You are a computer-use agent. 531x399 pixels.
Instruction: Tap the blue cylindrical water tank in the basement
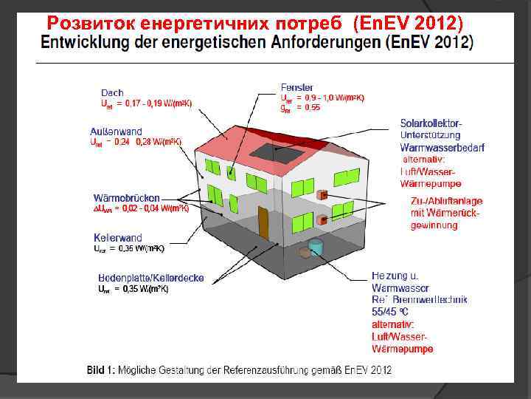(x=316, y=246)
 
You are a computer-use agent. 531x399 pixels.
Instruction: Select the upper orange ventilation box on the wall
(x=322, y=195)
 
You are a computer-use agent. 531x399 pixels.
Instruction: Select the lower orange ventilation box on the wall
(x=322, y=220)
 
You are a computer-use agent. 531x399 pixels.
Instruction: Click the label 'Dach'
(x=112, y=92)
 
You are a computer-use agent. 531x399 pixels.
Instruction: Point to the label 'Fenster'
(x=296, y=88)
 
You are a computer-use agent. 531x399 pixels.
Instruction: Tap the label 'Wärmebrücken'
(x=126, y=198)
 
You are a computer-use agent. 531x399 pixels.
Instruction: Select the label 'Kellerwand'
(x=118, y=238)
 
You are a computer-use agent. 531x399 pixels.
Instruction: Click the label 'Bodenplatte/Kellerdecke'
(x=151, y=279)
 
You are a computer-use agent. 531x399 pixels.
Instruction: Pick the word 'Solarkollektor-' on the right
(x=431, y=123)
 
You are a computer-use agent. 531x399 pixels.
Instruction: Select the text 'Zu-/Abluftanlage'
(x=447, y=202)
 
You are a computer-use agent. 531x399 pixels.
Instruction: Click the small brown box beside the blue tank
(x=303, y=253)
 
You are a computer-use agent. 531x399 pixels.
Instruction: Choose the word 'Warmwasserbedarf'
(x=442, y=148)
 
